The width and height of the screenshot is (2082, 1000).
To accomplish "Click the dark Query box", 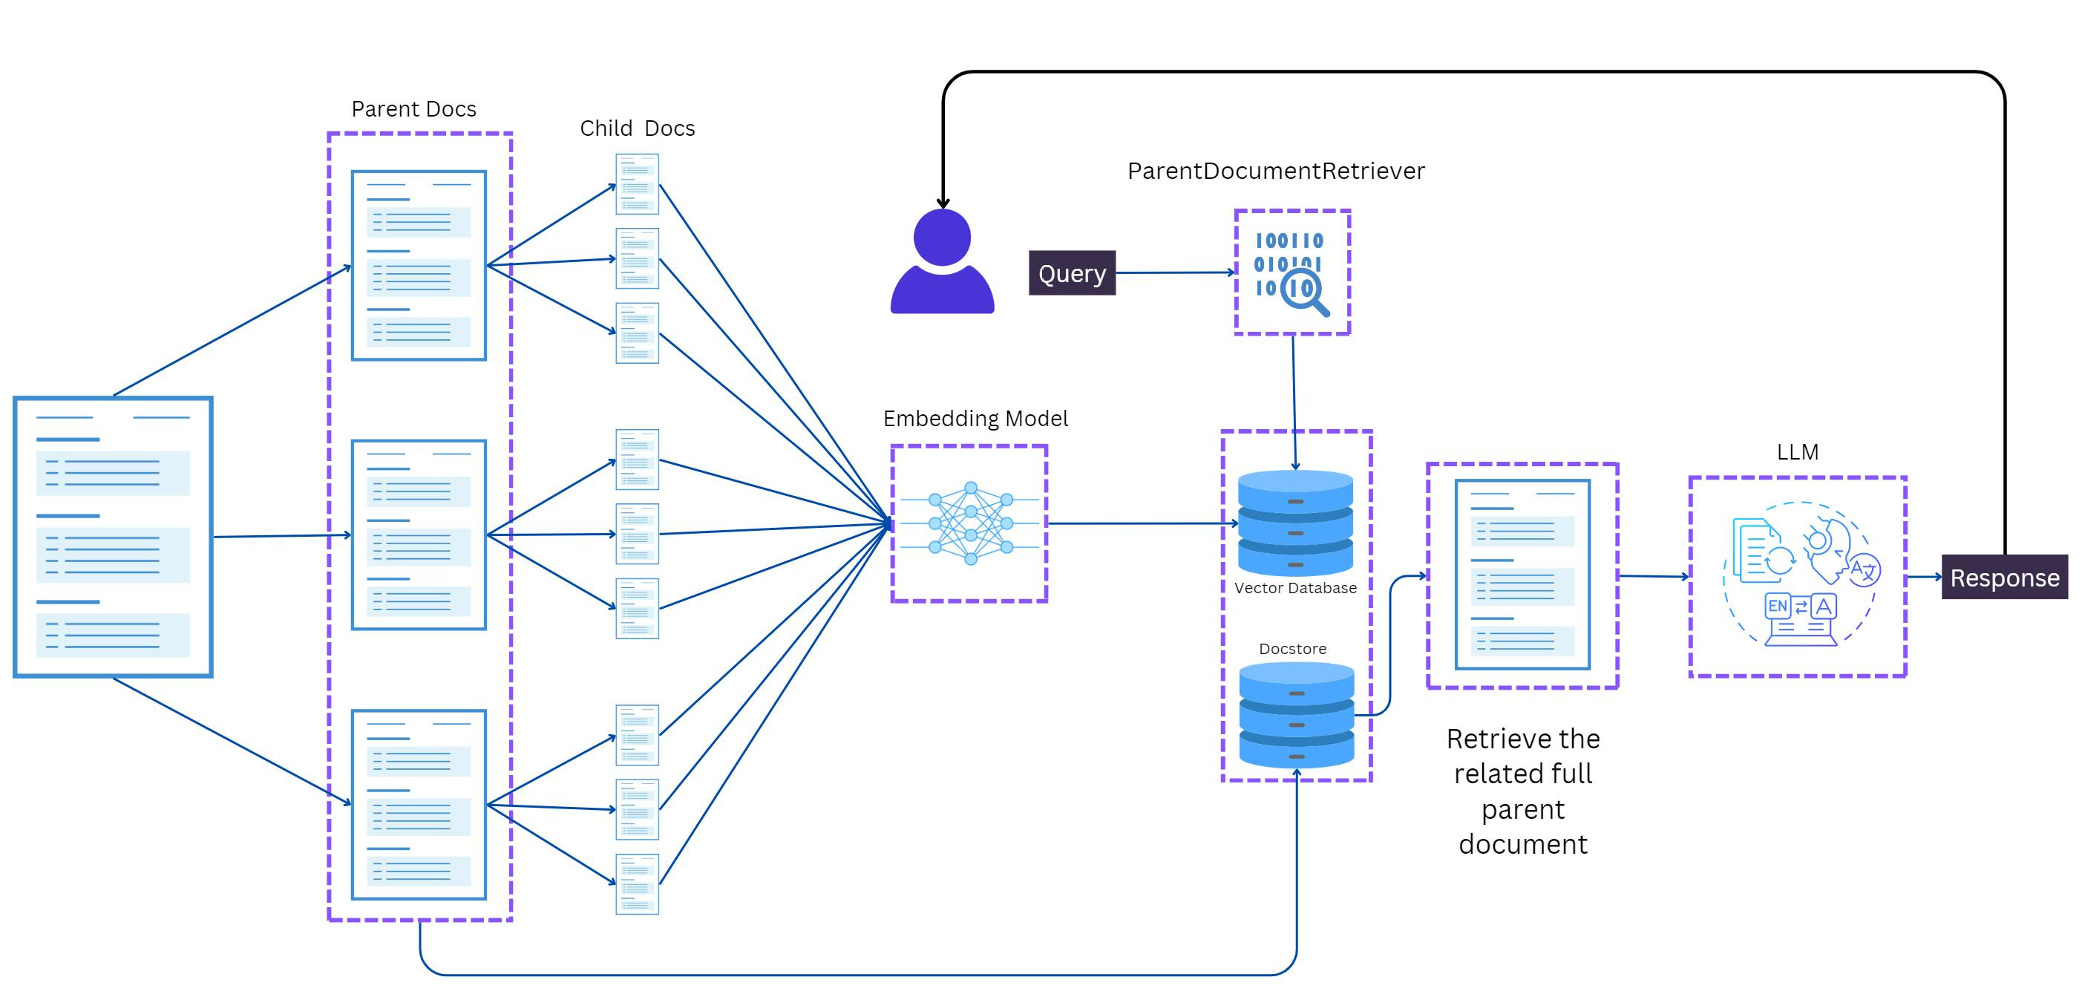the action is [1072, 273].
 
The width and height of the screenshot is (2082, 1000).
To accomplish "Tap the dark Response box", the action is [2004, 577].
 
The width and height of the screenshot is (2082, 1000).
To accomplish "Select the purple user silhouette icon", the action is [943, 261].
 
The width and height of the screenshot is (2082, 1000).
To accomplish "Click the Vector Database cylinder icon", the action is [1296, 523].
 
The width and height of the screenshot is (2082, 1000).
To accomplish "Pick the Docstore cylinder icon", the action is [1297, 715].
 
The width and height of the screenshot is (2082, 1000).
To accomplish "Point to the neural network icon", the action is [970, 523].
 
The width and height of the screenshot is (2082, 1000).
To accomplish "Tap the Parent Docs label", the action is [414, 109].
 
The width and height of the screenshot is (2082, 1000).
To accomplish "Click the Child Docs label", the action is [638, 128].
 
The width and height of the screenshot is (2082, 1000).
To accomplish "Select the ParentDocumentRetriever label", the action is [1276, 171].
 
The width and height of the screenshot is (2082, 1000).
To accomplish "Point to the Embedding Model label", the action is [975, 419].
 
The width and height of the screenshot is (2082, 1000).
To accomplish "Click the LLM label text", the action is [1798, 452].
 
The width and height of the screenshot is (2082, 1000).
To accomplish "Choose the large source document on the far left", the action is [113, 537].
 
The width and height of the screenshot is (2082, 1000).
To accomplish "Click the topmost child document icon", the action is [637, 184].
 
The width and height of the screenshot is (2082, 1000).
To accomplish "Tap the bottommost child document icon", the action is [637, 884].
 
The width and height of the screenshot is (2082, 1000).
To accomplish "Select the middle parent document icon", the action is [419, 535].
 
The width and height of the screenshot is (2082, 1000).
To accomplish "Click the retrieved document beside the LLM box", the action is [1522, 575].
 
